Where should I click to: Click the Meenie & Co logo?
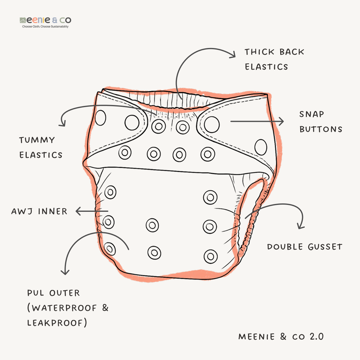(x=45, y=20)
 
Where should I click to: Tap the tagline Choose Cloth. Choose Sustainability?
(x=45, y=27)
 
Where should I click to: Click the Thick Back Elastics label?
(x=274, y=59)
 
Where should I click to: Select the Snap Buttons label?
(x=321, y=122)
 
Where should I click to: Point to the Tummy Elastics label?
(x=41, y=148)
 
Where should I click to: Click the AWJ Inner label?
(x=39, y=211)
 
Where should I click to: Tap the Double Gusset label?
(x=304, y=247)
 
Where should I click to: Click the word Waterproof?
(x=64, y=308)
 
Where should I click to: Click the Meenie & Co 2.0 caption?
(x=281, y=337)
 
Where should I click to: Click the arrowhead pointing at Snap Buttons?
(x=281, y=121)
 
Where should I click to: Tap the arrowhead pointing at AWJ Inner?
(x=79, y=211)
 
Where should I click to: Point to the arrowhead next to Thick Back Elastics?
(x=232, y=54)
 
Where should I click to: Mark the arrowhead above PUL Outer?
(x=65, y=271)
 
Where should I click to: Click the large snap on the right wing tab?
(x=212, y=124)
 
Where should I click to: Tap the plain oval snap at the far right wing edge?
(x=261, y=147)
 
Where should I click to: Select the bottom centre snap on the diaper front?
(x=154, y=253)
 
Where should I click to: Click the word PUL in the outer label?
(x=35, y=293)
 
